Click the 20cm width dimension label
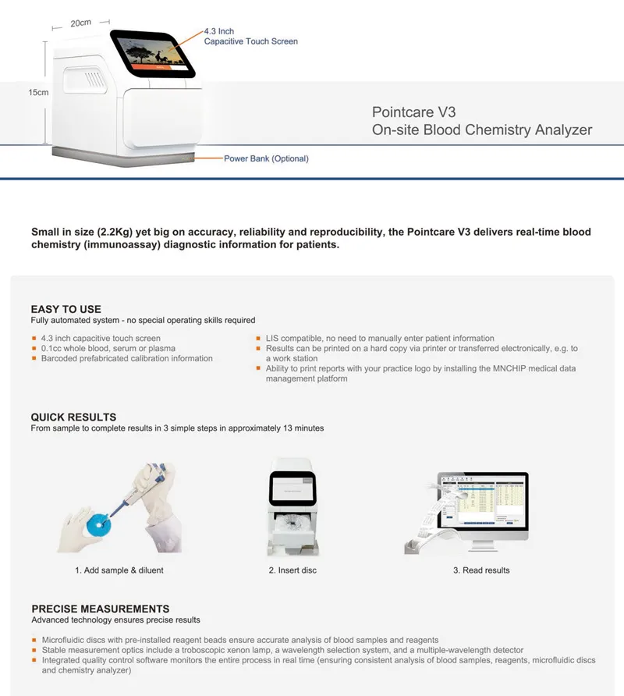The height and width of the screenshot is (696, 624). (80, 23)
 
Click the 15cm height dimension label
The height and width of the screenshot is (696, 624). (38, 92)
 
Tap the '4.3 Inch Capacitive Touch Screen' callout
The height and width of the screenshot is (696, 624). (250, 36)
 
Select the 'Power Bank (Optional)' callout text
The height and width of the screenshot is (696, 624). (266, 158)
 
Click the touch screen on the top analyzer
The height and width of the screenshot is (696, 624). (152, 54)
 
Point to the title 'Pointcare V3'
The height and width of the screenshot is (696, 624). (413, 112)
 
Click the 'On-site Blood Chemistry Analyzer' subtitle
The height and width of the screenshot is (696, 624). (481, 130)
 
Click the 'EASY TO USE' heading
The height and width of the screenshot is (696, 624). (66, 309)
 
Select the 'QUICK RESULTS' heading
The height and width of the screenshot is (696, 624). (73, 417)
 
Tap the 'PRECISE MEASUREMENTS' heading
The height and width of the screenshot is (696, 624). (100, 609)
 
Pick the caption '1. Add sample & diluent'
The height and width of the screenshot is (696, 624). (119, 570)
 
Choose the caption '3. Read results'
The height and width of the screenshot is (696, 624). (481, 570)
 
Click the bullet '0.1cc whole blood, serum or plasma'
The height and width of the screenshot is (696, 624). (108, 349)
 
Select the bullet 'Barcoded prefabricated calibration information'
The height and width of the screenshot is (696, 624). (126, 359)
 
